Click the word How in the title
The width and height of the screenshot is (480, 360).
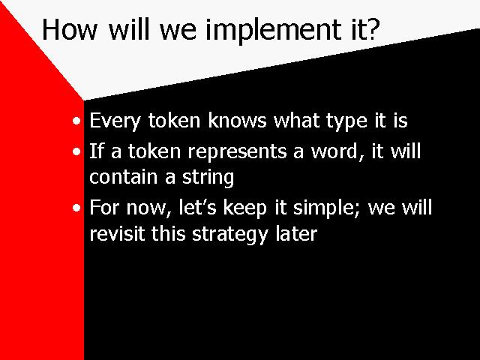click(70, 29)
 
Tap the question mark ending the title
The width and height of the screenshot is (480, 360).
click(371, 29)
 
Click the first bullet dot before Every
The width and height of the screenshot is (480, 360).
click(76, 121)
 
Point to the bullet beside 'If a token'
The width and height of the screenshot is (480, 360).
click(76, 151)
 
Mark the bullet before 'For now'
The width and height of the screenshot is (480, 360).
click(76, 208)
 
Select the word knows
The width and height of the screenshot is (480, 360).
click(237, 120)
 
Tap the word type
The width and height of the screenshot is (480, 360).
click(346, 122)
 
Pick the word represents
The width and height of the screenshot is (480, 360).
click(237, 153)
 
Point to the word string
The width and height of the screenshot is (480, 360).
click(208, 178)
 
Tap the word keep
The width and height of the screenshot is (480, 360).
click(245, 209)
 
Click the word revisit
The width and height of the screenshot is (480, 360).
click(117, 233)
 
